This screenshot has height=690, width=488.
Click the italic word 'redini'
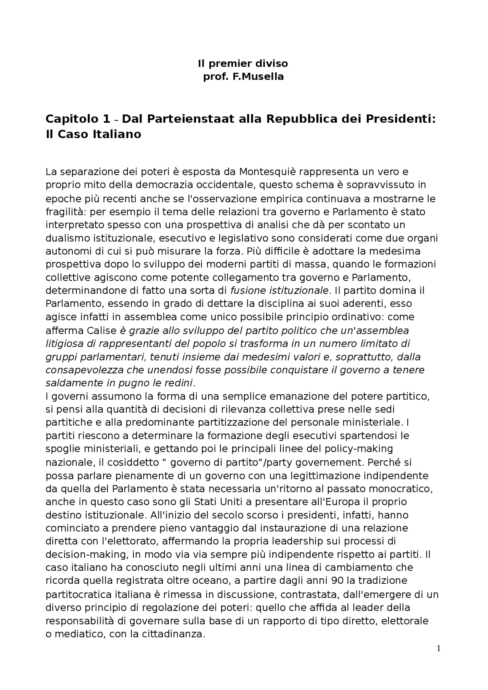[x=178, y=383]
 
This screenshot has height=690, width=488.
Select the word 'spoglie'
[x=62, y=449]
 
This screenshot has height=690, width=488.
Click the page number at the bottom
[x=438, y=648]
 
